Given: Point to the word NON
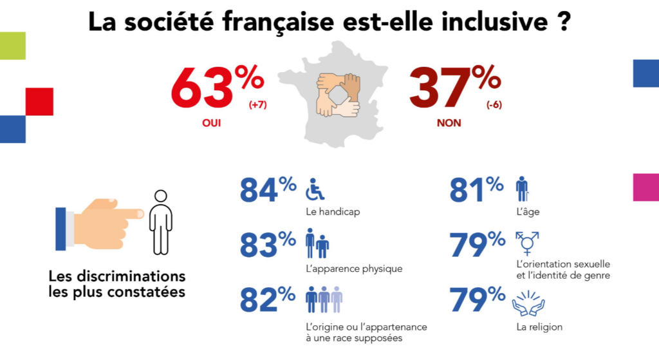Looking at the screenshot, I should tap(449, 122).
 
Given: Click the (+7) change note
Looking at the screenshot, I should tap(258, 106).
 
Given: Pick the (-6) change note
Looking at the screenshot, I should tap(494, 106).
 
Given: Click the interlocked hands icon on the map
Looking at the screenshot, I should tap(337, 95).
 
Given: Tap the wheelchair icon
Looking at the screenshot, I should tap(315, 189).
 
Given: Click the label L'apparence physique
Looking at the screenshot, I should tap(354, 269).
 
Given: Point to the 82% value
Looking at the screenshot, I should tap(268, 300).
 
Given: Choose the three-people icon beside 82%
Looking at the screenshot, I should tap(324, 299).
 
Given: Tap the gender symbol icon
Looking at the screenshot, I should tap(528, 243).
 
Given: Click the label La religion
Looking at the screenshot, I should tap(539, 327).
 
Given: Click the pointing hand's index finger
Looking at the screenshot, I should tap(129, 213).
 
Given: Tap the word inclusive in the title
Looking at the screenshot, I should tap(477, 21).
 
